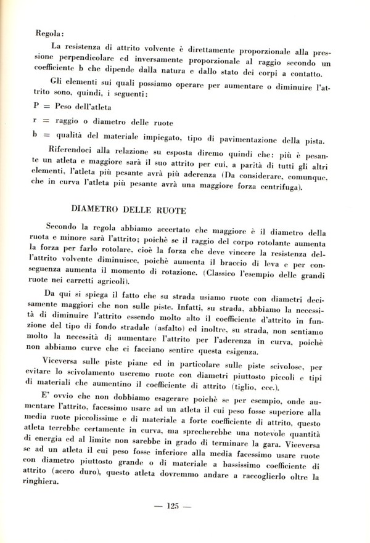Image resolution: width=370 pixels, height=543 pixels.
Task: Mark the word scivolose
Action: point(297,366)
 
